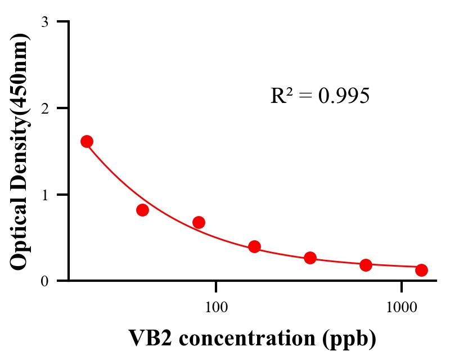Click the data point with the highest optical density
pyautogui.click(x=87, y=141)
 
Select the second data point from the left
pyautogui.click(x=142, y=210)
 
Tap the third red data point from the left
pyautogui.click(x=199, y=222)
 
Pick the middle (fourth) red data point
pyautogui.click(x=254, y=246)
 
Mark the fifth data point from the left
pyautogui.click(x=310, y=258)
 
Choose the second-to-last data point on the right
pyautogui.click(x=366, y=265)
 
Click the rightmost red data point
pyautogui.click(x=421, y=270)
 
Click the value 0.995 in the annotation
pyautogui.click(x=344, y=96)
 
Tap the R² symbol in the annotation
pyautogui.click(x=280, y=96)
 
